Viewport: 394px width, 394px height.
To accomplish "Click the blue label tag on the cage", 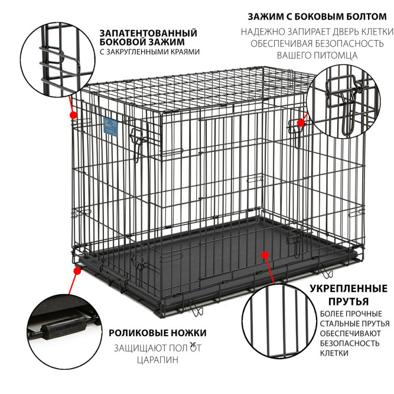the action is coord(111,127).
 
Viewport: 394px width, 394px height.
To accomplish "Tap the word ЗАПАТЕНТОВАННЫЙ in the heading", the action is coord(148,33).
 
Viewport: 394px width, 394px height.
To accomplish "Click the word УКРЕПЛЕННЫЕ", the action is coord(349,288).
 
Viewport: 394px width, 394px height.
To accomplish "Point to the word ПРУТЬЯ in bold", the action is coord(349,301).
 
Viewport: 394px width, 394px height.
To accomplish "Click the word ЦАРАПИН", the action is coord(158,360).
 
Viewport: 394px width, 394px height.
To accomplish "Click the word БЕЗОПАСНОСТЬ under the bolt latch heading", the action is coord(349,44).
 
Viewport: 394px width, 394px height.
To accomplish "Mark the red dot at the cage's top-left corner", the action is coord(73,115).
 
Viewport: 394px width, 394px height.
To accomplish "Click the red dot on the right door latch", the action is coord(301,123).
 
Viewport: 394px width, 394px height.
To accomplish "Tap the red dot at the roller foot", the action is coord(77,271).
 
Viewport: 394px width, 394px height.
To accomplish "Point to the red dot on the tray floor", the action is coord(265,255).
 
